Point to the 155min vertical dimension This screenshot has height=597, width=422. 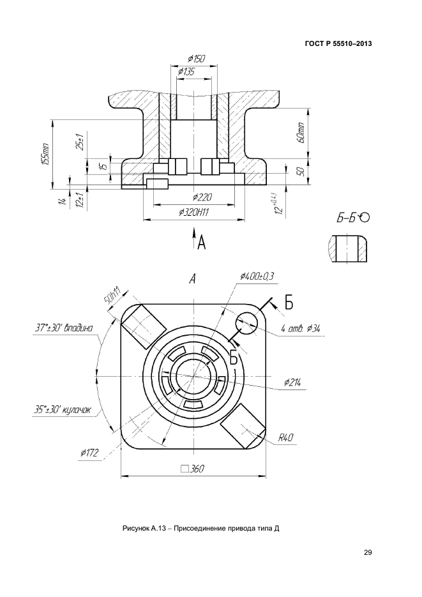point(45,155)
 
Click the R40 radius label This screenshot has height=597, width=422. point(285,438)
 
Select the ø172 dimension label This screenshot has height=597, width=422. point(89,453)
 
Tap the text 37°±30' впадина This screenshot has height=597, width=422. point(64,328)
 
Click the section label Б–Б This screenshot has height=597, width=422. point(347,218)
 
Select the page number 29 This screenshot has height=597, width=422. point(367,553)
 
